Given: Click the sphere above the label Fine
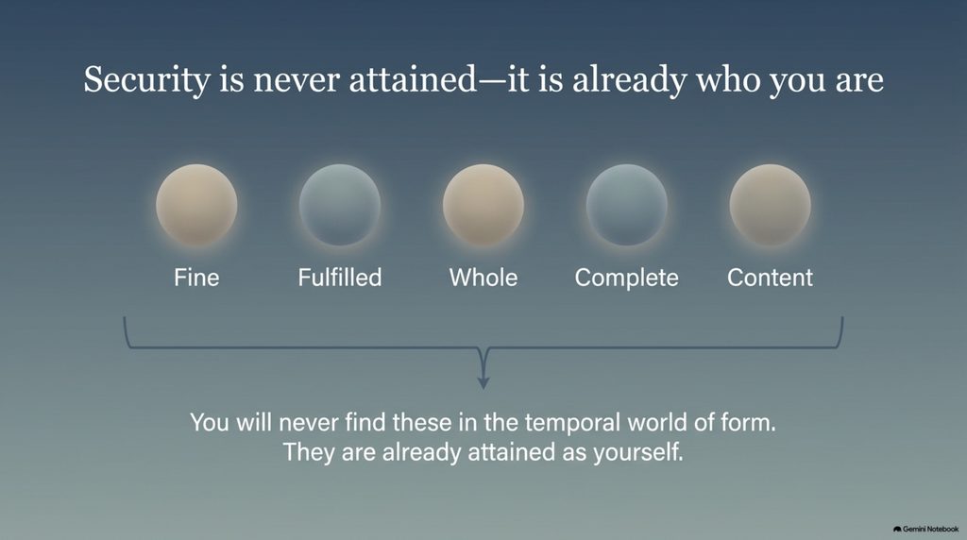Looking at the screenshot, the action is [196, 205].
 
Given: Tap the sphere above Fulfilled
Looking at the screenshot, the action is [340, 205].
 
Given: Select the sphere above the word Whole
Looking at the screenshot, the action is [483, 205].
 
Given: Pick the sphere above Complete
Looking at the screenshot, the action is [627, 205].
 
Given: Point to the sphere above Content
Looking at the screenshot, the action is [771, 205].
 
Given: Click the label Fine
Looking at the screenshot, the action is [196, 278].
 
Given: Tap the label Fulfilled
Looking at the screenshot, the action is [340, 278].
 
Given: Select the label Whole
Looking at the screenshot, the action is [483, 278].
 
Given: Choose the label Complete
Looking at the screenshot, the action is [627, 278].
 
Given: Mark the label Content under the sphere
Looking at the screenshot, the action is [771, 278].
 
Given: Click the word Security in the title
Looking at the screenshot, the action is [147, 81].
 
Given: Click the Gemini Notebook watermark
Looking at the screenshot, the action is [925, 529].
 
